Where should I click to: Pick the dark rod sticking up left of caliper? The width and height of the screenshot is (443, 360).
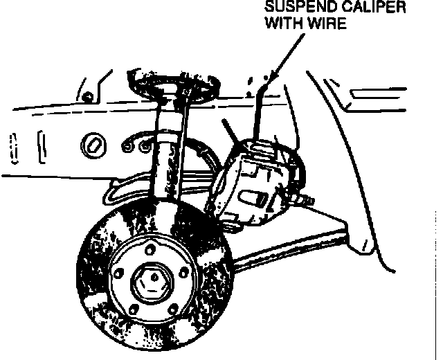point(228,131)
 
